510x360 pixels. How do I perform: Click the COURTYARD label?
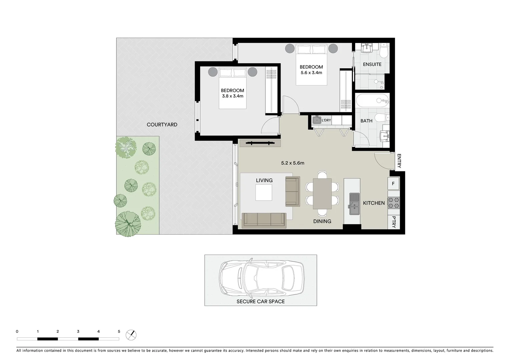(162, 125)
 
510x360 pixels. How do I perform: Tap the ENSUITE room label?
(372, 64)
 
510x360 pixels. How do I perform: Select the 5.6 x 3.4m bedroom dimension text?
(311, 73)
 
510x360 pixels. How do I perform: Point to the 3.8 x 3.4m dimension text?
(232, 96)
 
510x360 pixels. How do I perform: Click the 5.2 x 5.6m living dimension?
(293, 163)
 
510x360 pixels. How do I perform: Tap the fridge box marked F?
(393, 184)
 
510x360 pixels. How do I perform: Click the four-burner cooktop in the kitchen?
(394, 203)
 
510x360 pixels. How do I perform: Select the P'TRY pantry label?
(394, 222)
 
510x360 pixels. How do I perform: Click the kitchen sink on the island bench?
(354, 204)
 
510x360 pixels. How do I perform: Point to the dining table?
(322, 194)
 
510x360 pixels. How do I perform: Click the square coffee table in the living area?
(264, 193)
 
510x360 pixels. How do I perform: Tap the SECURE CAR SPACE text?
(261, 301)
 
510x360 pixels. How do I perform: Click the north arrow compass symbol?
(131, 335)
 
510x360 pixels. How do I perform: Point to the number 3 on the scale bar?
(78, 332)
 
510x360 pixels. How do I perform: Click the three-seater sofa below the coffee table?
(264, 220)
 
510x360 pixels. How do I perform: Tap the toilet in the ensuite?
(385, 50)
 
